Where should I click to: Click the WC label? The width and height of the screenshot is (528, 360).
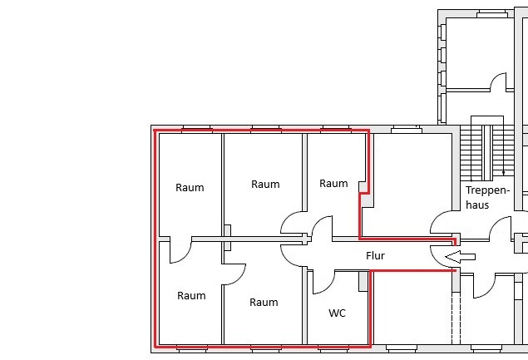point(337,313)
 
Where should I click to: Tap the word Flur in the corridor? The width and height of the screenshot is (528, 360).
point(375,256)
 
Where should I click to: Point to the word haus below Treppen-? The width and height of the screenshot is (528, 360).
point(477,205)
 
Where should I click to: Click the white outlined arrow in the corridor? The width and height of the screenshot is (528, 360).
point(460,257)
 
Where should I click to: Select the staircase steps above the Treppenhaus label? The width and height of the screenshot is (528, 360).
point(487,152)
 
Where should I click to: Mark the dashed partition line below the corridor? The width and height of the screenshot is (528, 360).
point(456,318)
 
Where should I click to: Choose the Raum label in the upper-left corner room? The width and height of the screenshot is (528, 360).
point(190,188)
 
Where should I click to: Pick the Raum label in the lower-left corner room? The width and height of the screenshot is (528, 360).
point(191,296)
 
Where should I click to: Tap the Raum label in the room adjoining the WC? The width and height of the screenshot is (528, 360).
point(264,303)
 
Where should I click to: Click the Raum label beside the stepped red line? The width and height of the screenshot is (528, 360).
point(333,184)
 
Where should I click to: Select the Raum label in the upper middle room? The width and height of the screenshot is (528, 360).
point(265,185)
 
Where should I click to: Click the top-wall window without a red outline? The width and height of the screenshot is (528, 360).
point(407,130)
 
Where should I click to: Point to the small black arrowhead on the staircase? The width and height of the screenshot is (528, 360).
point(503,173)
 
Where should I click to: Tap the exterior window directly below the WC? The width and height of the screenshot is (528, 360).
point(333,348)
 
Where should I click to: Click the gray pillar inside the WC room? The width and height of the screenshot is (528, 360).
point(363,281)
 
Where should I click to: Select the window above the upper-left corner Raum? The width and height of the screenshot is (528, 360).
point(197,130)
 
